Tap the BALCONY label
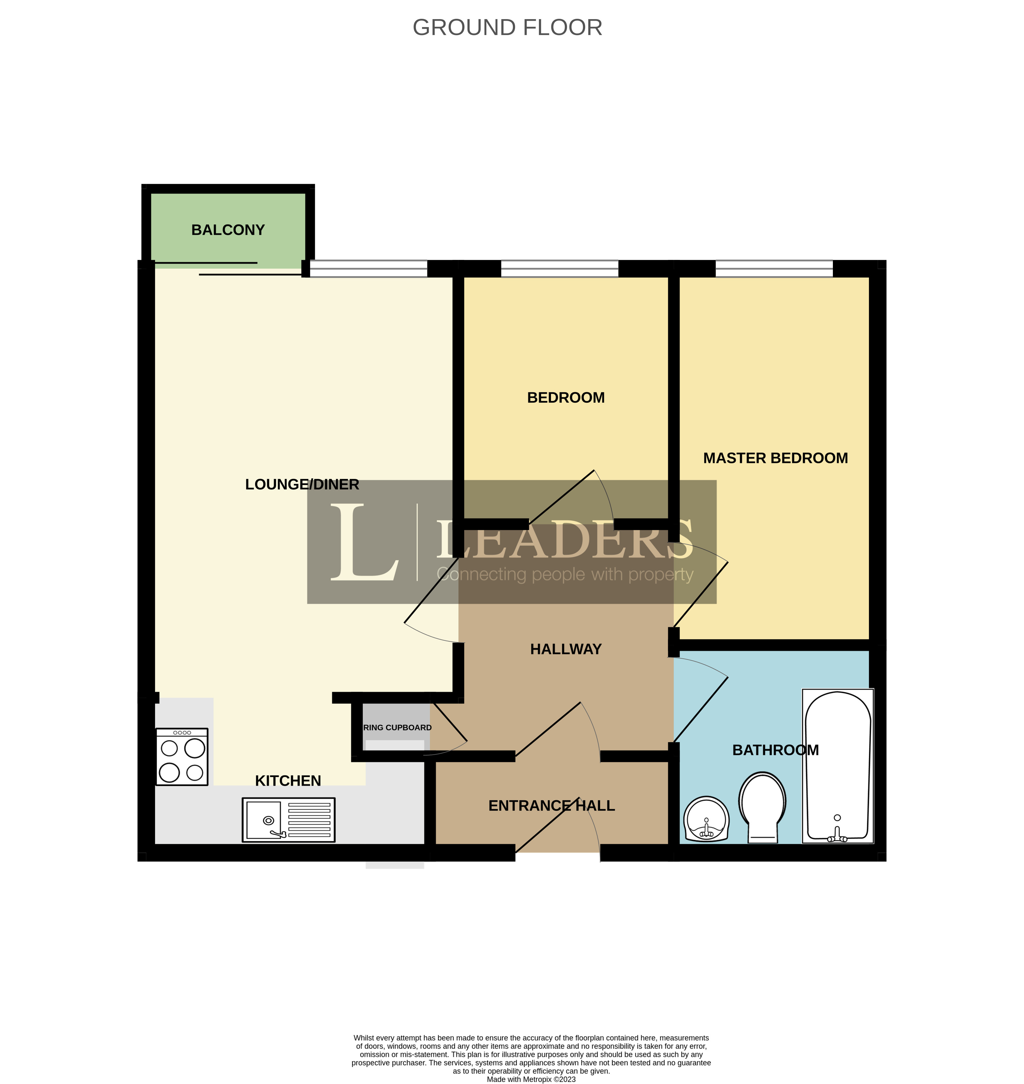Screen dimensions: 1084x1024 228,230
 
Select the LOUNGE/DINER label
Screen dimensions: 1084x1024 302,484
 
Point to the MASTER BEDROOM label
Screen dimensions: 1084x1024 775,458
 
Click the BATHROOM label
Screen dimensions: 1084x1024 775,750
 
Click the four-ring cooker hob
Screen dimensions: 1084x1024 182,757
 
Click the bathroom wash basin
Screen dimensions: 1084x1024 706,819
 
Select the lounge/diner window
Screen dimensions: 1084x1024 369,268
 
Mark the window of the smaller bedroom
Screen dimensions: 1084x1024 560,268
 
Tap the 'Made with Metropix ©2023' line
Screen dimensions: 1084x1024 531,1079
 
